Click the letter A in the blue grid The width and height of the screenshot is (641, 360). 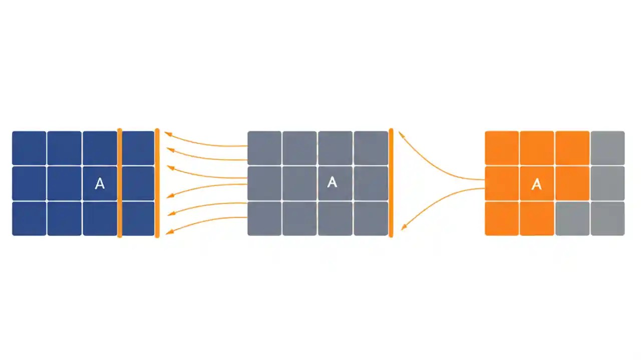(x=100, y=183)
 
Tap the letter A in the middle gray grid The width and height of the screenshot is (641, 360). (x=332, y=182)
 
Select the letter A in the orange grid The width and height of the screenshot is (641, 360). (x=536, y=184)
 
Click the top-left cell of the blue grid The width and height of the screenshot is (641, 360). (x=29, y=148)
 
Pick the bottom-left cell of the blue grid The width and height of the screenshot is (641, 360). (x=29, y=218)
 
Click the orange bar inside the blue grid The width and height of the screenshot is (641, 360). (x=120, y=183)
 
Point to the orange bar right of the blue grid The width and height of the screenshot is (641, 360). (x=157, y=183)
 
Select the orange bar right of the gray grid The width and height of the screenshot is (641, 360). (x=391, y=183)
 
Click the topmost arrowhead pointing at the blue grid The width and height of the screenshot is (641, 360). (x=168, y=133)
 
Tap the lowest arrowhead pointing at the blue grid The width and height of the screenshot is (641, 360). (x=169, y=231)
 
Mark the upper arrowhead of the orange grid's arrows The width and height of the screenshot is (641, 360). (x=401, y=134)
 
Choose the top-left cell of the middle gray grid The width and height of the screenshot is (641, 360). (x=264, y=148)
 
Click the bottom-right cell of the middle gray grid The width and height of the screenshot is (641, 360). (x=371, y=218)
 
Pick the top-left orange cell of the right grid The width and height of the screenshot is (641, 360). (x=502, y=148)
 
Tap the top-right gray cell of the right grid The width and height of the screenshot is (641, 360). (x=607, y=148)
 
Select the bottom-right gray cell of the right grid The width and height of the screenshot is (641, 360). (x=607, y=218)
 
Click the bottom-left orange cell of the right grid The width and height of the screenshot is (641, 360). (x=502, y=218)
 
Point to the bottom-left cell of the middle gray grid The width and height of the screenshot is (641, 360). (x=264, y=218)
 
